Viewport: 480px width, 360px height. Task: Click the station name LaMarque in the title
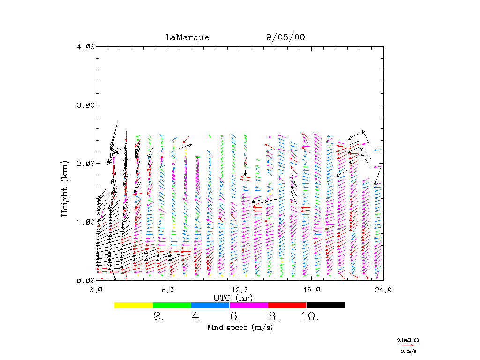point(187,37)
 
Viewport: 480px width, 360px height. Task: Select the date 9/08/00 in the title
point(285,37)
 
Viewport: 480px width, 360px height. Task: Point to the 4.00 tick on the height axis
point(85,46)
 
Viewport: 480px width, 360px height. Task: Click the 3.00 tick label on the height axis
point(85,105)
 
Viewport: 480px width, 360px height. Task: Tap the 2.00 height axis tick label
point(85,163)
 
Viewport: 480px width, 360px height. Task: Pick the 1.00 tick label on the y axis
point(85,222)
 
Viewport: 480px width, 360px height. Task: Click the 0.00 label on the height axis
point(85,280)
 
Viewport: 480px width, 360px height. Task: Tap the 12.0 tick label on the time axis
point(240,289)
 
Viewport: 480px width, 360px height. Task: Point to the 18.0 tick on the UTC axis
point(312,289)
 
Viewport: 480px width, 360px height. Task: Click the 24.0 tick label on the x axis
point(383,289)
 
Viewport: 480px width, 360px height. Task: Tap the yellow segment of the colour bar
point(134,305)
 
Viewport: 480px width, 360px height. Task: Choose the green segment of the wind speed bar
point(172,305)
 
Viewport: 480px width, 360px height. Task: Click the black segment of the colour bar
point(326,305)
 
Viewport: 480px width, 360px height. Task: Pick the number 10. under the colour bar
point(310,317)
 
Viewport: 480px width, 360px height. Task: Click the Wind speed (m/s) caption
point(240,327)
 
